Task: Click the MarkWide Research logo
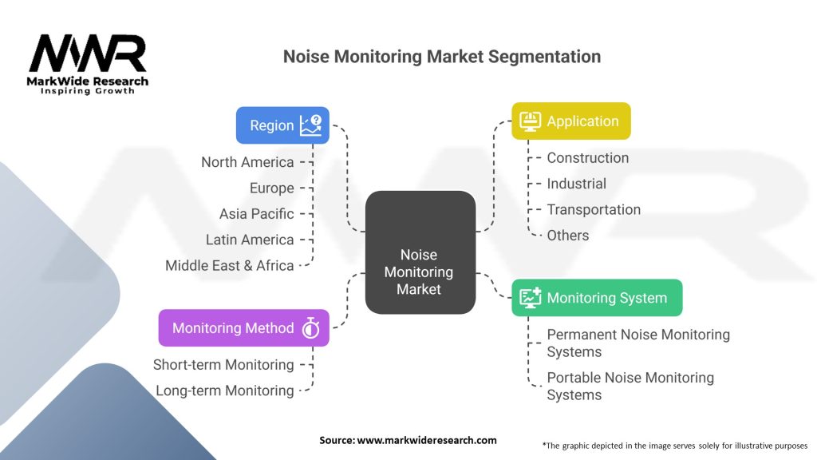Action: [89, 63]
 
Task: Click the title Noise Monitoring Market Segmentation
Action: [442, 57]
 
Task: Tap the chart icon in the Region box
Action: [310, 125]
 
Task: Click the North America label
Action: [247, 162]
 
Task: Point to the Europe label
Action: [271, 188]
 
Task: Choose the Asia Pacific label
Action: [256, 214]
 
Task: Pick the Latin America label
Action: [250, 240]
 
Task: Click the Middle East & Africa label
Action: [230, 265]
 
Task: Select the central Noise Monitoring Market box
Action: [420, 252]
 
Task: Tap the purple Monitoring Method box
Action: [243, 327]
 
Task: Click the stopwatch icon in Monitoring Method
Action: [310, 328]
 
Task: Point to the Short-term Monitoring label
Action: [223, 364]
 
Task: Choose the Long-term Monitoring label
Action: [224, 391]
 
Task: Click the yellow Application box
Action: [570, 121]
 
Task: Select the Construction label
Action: [587, 158]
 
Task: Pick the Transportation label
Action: [593, 209]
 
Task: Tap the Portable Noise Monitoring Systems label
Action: [630, 386]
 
